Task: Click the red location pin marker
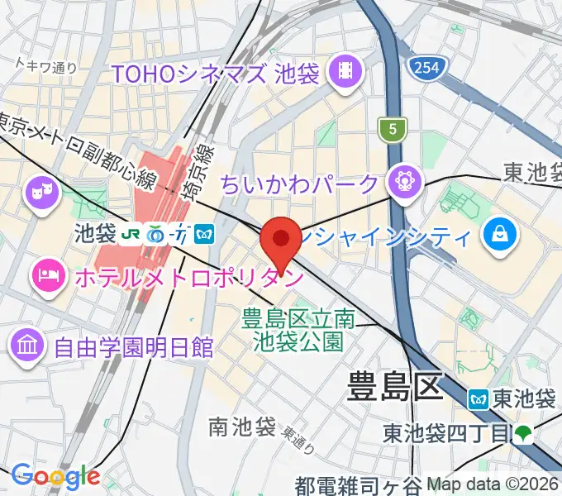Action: pos(281,241)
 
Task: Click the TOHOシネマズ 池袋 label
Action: pos(216,74)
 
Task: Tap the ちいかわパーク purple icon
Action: pos(405,181)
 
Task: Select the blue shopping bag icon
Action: pos(502,235)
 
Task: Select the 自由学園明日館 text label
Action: pos(133,346)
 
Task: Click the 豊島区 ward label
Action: pos(393,386)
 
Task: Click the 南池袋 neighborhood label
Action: pos(241,427)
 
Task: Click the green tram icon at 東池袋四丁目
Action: pos(522,432)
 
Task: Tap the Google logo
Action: pos(55,476)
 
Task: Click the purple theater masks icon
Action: pos(39,194)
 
